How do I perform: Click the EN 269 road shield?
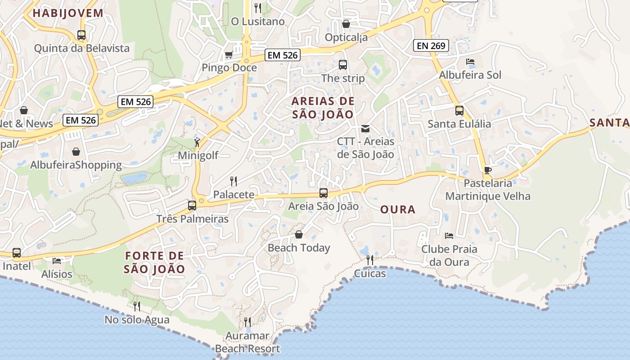(431, 45)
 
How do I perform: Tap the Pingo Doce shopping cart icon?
(229, 55)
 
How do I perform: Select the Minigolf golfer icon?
(197, 143)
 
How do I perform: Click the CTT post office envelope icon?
(365, 129)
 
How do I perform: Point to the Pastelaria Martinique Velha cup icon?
(487, 170)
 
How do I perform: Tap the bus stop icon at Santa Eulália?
(459, 111)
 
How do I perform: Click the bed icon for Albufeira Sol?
(470, 62)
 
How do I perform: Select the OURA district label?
(398, 210)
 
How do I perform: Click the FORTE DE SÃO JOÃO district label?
(154, 262)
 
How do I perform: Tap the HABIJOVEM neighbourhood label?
(68, 13)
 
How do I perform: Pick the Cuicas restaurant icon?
(369, 260)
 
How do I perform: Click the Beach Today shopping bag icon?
(298, 234)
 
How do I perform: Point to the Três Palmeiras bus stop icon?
(192, 206)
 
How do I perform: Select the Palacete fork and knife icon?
(233, 181)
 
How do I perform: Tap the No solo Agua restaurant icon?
(137, 306)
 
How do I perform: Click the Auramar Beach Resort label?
(247, 342)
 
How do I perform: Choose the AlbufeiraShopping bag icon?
(76, 152)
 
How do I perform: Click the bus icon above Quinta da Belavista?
(81, 35)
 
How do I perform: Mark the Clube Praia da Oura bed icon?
(449, 235)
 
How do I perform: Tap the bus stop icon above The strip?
(343, 65)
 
